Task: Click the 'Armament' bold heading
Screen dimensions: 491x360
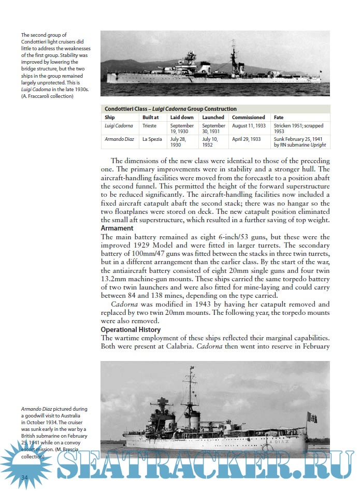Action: point(117,228)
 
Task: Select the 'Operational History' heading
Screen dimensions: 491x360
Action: point(131,329)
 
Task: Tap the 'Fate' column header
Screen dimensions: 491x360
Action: point(279,118)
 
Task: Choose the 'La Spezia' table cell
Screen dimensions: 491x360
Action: point(152,139)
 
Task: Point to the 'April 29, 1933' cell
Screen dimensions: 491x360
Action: point(247,139)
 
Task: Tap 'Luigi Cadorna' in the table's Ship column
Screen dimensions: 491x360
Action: point(119,126)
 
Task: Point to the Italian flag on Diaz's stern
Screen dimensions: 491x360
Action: point(311,417)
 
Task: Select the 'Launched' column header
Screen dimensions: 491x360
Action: point(214,118)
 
